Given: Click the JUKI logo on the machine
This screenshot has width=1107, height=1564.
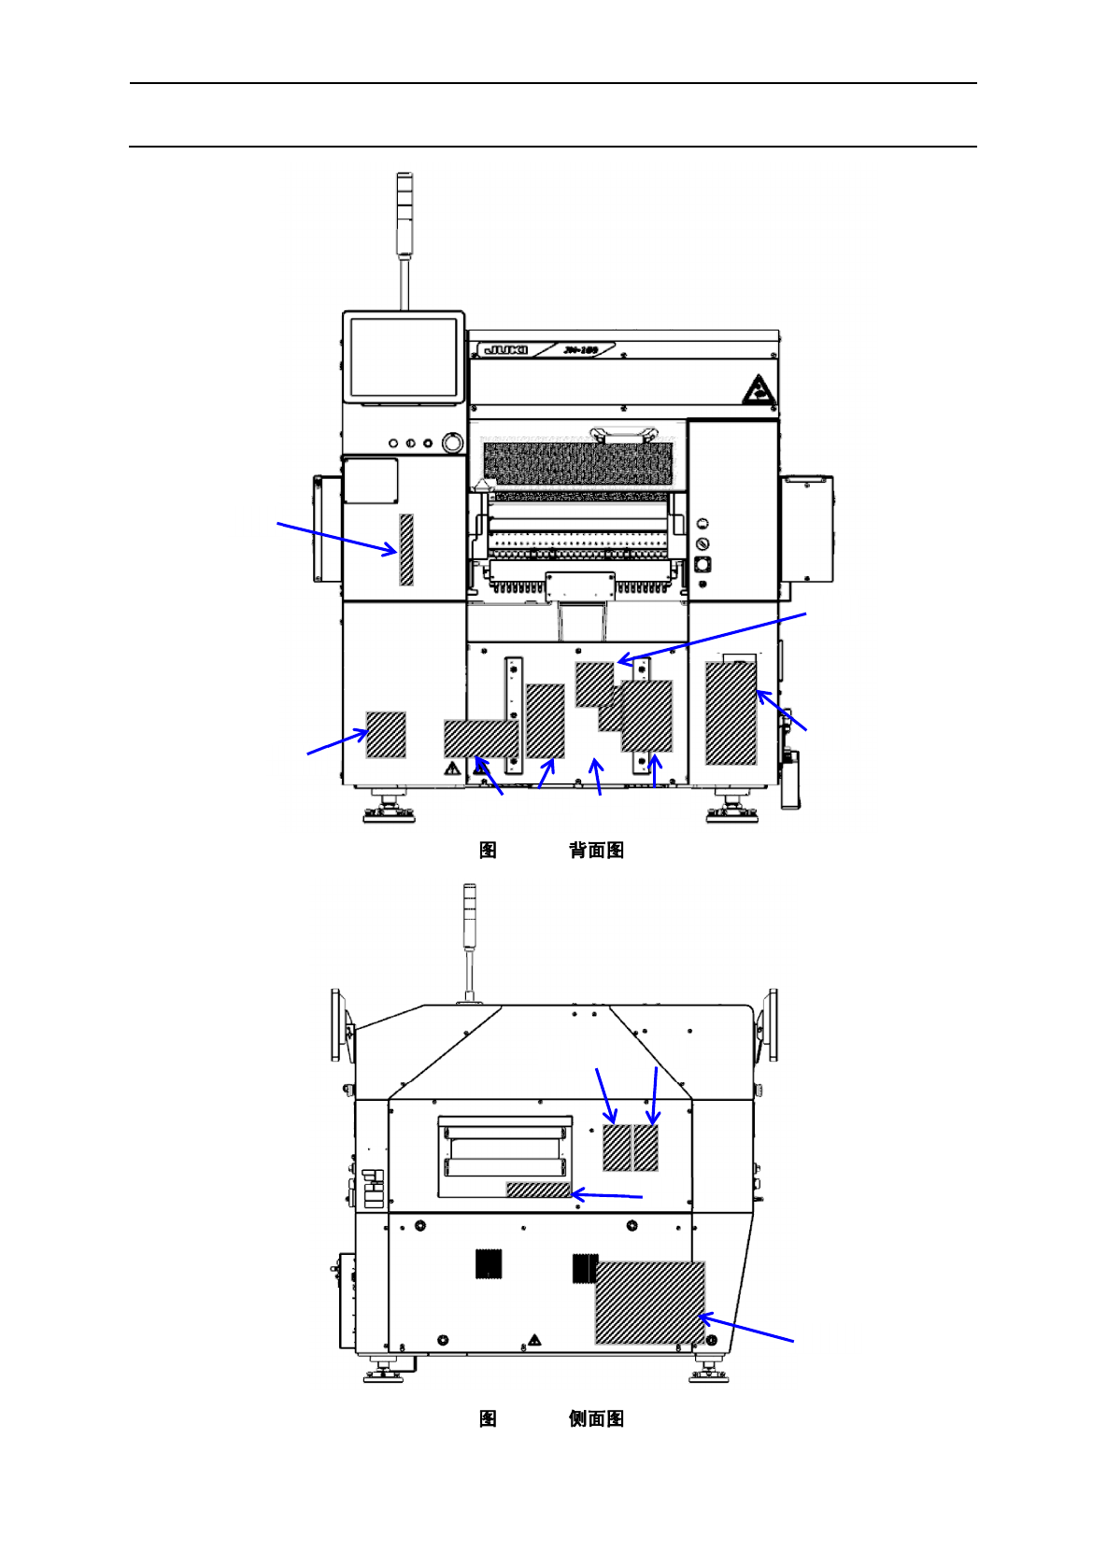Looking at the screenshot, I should [505, 350].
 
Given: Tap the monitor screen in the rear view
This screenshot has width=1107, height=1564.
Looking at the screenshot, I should [404, 357].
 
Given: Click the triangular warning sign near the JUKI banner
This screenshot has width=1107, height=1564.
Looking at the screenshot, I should [759, 390].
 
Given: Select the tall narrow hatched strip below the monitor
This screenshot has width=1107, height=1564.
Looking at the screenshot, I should [406, 549].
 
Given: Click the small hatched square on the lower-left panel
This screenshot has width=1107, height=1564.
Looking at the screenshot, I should [386, 735].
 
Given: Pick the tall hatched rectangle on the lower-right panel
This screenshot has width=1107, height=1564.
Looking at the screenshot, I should [731, 712].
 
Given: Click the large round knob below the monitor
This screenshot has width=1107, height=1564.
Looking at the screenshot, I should [452, 442].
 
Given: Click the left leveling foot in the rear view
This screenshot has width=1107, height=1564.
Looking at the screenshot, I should [389, 809].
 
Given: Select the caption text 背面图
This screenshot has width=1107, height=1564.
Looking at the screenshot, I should [596, 851].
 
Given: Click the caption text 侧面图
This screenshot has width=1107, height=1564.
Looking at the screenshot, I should [596, 1419].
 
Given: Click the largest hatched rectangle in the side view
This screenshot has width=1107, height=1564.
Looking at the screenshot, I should [650, 1303].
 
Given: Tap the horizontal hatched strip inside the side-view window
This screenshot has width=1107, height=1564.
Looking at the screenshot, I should [538, 1190].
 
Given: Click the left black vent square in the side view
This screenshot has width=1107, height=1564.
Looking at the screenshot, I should [489, 1263].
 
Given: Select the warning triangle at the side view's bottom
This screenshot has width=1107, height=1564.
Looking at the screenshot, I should [534, 1340].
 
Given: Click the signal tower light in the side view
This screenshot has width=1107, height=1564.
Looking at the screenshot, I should [470, 913].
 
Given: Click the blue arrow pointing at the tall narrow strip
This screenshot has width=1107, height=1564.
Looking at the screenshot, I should [336, 538].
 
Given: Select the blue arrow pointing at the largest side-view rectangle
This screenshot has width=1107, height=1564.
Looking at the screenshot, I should [746, 1330].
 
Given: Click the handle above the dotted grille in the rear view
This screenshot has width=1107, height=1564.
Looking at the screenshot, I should [623, 435].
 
